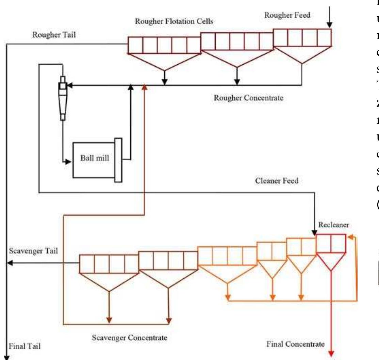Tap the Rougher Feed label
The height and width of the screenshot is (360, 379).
[287, 15]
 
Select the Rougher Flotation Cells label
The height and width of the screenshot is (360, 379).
[174, 21]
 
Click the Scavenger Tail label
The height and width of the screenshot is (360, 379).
[32, 251]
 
